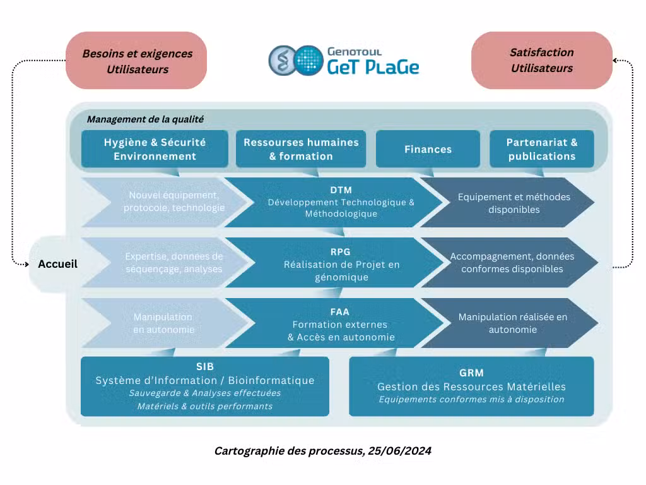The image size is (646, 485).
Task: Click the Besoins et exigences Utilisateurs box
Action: tap(137, 61)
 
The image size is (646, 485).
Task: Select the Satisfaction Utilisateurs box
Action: tap(542, 60)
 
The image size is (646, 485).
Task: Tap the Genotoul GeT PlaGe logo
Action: tap(343, 61)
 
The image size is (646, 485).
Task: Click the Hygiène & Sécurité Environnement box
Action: tap(155, 149)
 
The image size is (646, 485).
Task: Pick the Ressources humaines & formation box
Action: tap(301, 149)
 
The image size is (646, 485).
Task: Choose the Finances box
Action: tap(428, 149)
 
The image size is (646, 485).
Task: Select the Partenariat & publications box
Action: tap(541, 149)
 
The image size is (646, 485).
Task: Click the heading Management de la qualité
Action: tap(145, 119)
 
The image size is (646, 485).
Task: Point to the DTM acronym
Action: tap(341, 190)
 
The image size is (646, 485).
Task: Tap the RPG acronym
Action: tap(341, 251)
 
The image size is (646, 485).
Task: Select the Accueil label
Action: tap(57, 264)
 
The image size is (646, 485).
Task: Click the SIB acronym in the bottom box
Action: tap(205, 367)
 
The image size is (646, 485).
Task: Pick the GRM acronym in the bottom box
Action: tap(471, 373)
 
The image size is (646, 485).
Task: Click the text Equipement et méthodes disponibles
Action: tap(514, 203)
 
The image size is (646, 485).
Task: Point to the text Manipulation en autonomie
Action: tap(163, 323)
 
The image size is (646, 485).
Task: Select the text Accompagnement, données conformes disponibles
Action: tap(512, 263)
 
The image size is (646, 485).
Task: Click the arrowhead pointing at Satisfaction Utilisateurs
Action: tap(615, 61)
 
